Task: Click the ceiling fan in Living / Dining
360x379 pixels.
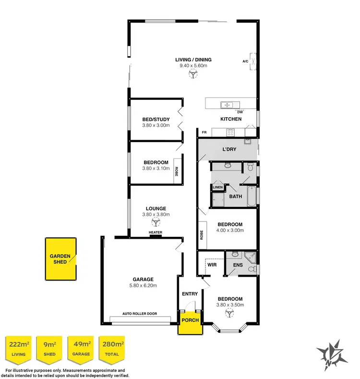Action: point(193,74)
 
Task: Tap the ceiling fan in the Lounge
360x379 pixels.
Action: point(155,222)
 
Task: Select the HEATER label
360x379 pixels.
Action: point(156,233)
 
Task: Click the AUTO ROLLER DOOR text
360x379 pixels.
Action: point(140,314)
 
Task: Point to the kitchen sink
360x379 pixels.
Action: point(226,104)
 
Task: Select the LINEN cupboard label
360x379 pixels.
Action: point(218,187)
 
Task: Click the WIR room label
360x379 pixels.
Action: point(212,265)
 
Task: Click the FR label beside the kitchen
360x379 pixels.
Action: point(204,132)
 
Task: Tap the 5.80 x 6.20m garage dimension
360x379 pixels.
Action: point(143,285)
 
